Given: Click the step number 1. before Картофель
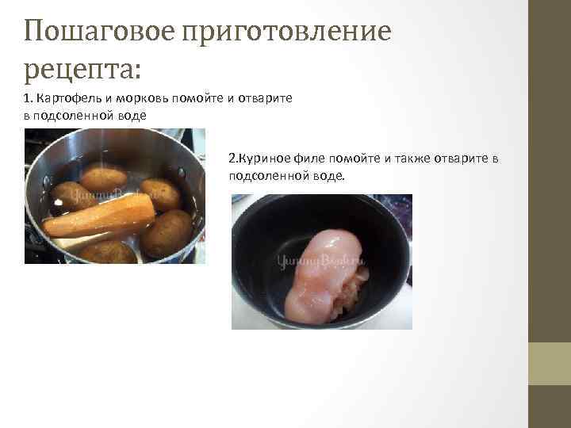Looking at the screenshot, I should click(29, 97).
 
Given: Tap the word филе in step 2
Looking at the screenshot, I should click(306, 158).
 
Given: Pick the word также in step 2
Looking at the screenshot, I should click(405, 158).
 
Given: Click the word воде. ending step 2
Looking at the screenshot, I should click(330, 174).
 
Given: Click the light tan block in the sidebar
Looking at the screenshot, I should click(550, 364).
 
